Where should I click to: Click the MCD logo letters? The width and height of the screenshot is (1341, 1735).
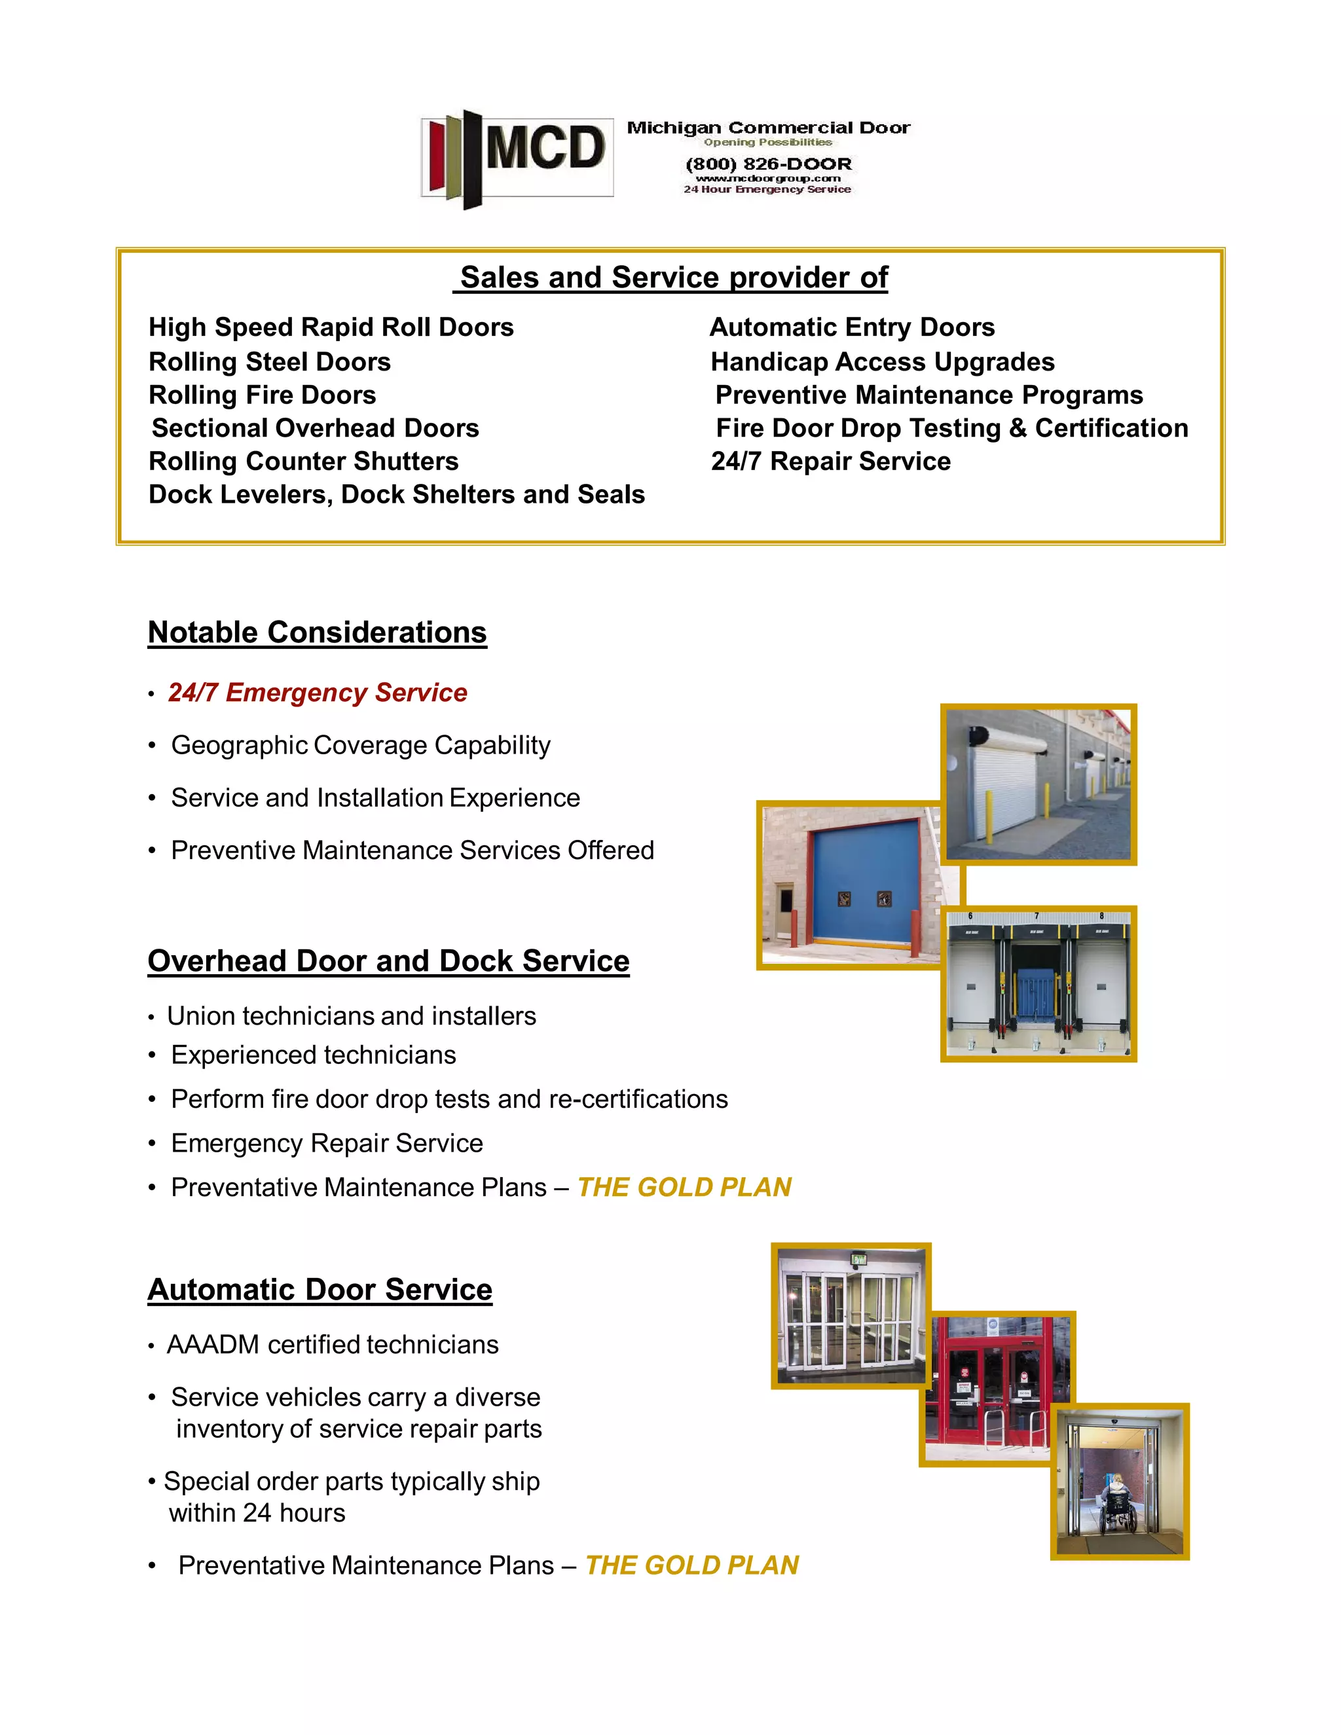(x=545, y=149)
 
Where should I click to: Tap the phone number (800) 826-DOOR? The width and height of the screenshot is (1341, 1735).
(x=768, y=164)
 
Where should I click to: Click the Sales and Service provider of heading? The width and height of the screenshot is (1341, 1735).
(x=672, y=277)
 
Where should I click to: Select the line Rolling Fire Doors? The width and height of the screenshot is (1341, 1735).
(x=262, y=395)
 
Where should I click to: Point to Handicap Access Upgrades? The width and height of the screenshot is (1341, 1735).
(x=882, y=361)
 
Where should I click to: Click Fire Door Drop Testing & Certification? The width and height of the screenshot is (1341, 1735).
(x=951, y=428)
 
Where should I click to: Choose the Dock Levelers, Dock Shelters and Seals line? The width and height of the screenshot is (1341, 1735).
(x=396, y=494)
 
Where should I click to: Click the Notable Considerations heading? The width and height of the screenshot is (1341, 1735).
(x=317, y=632)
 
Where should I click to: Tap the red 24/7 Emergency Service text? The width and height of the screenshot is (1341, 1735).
(x=318, y=692)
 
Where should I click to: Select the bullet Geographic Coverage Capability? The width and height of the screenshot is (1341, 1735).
(x=361, y=745)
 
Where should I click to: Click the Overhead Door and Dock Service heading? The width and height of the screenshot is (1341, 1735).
(x=388, y=960)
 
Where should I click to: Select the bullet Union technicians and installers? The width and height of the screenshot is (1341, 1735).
(x=351, y=1016)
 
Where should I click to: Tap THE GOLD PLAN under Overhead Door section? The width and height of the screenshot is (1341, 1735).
(x=684, y=1187)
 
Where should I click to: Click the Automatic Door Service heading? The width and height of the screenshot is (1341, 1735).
(x=320, y=1289)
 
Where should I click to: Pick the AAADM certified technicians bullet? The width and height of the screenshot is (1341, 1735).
(x=332, y=1344)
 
